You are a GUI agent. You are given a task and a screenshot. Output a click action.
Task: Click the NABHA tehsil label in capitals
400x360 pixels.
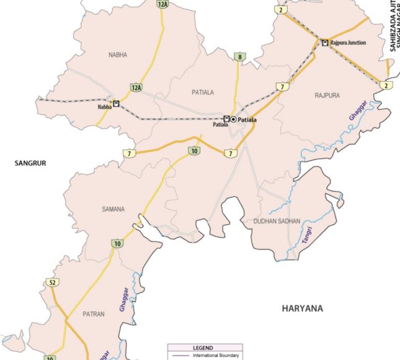[117, 55]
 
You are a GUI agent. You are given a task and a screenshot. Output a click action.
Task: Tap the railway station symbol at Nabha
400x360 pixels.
[115, 104]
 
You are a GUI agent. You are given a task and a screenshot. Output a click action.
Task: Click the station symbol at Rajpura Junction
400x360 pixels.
[324, 42]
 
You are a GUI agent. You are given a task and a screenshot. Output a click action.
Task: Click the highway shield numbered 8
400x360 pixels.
[239, 57]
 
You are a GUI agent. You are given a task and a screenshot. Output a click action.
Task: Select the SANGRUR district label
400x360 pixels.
[31, 163]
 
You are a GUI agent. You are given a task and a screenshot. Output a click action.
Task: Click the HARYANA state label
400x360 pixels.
[303, 308]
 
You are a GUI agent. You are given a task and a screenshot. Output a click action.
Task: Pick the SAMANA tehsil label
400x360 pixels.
[113, 209]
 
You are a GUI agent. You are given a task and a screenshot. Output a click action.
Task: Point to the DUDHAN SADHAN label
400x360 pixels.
[277, 221]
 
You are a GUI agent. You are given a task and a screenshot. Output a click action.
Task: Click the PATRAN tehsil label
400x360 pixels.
[94, 315]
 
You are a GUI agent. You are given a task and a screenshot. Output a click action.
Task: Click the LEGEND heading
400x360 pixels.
[203, 348]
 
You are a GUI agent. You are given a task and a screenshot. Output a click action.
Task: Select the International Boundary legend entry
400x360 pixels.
[213, 356]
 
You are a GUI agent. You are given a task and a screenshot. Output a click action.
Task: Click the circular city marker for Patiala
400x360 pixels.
[234, 119]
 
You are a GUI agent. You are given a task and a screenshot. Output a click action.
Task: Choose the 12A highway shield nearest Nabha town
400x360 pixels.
[136, 88]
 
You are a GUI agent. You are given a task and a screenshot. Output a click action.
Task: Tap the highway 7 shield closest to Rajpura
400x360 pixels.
[283, 86]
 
